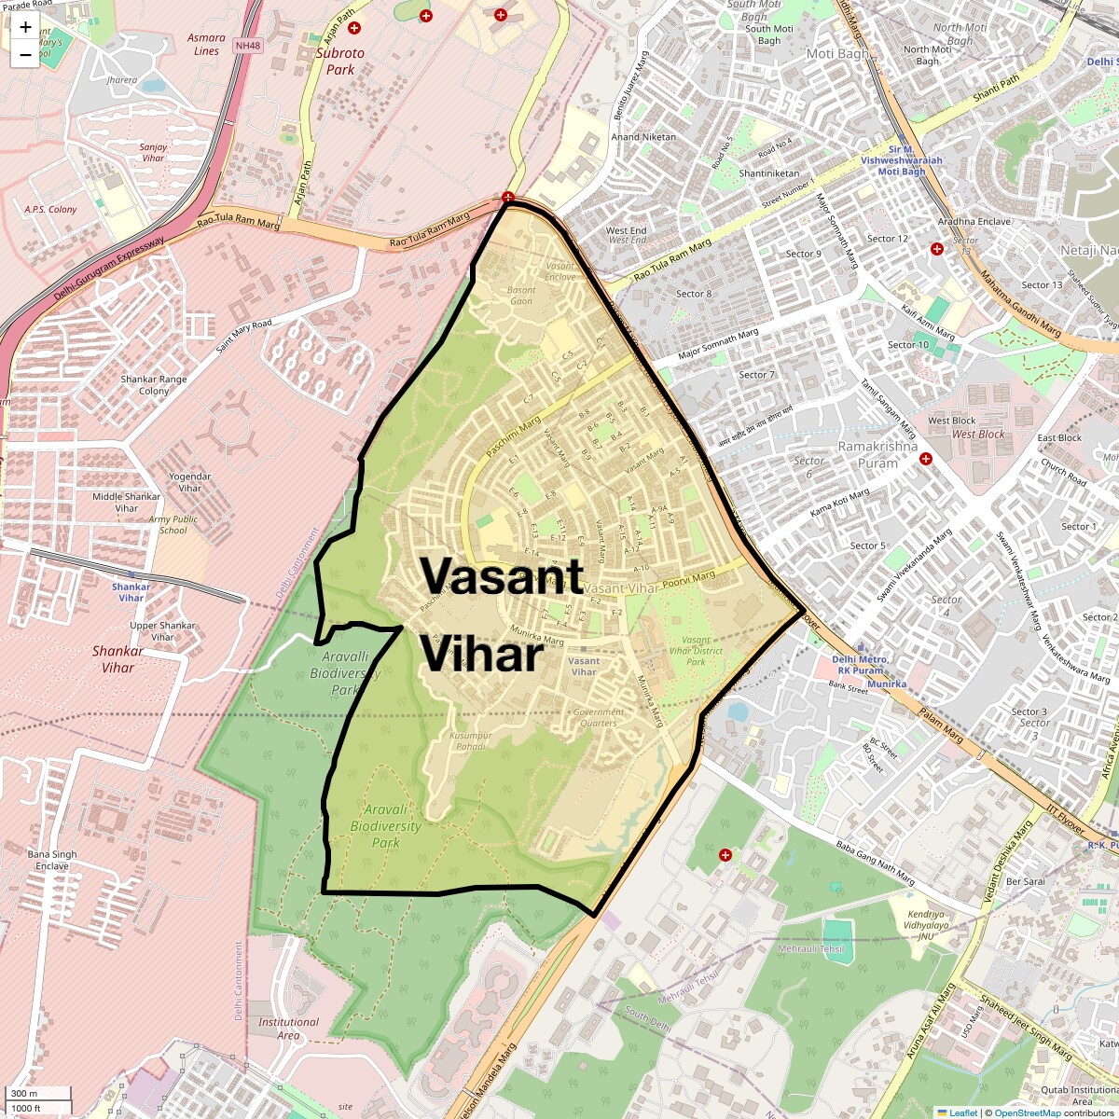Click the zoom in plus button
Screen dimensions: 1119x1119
[25, 27]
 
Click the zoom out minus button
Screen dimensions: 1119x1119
[25, 55]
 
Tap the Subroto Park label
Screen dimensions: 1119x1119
[340, 62]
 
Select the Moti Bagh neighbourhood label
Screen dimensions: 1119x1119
[836, 54]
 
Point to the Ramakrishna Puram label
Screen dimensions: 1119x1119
[867, 455]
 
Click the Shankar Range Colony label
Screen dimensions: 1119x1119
[154, 385]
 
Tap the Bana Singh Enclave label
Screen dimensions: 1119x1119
[52, 860]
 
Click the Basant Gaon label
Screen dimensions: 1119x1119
[521, 296]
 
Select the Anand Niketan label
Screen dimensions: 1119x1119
[643, 137]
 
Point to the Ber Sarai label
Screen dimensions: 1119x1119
[1025, 881]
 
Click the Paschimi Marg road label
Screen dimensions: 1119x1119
[513, 438]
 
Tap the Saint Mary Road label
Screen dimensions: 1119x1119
[243, 336]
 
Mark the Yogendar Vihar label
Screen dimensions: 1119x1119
[190, 482]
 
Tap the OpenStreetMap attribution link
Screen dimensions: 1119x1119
[1027, 1112]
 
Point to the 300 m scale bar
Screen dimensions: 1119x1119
[37, 1094]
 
